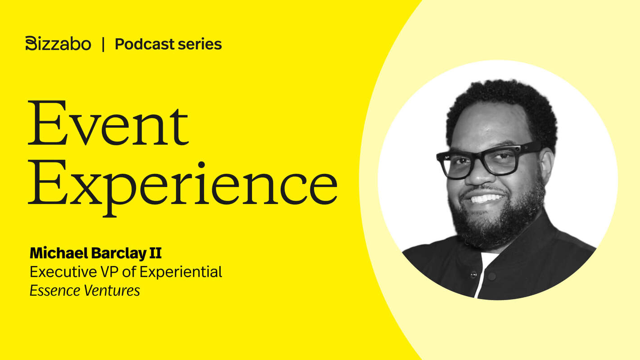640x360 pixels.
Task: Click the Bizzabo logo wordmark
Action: click(58, 44)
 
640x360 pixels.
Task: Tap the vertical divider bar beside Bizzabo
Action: click(103, 44)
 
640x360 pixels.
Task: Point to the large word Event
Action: click(108, 124)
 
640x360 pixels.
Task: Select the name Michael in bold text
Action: click(59, 253)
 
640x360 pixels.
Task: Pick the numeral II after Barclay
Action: click(155, 253)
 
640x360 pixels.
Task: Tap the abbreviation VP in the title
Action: click(108, 272)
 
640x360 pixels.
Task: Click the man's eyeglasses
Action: click(488, 160)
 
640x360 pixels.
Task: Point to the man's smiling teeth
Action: click(486, 198)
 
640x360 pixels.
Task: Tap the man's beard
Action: click(495, 225)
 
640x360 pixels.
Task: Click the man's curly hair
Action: click(500, 101)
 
